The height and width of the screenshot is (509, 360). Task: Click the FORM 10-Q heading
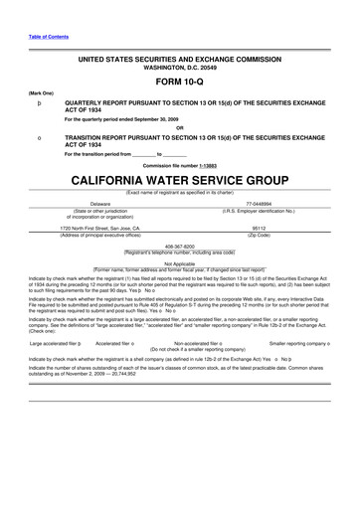179,83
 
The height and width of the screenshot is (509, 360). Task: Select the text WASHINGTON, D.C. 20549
179,69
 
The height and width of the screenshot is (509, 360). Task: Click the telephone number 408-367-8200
180,244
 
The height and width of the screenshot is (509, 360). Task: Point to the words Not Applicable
180,262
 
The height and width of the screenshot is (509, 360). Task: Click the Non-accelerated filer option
199,342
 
